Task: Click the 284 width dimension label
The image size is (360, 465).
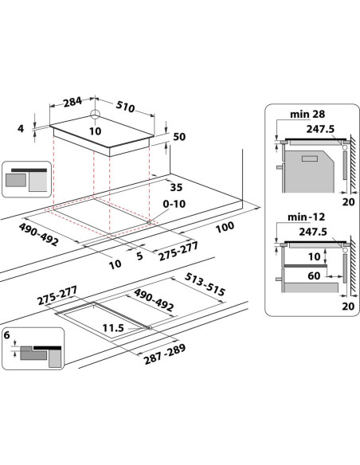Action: (72, 102)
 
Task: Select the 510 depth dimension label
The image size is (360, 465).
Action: (125, 107)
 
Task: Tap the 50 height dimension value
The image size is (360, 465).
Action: (179, 137)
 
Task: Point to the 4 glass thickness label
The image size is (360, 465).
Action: (21, 129)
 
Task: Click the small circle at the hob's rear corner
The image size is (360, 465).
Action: (96, 113)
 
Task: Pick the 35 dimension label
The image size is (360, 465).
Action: (176, 187)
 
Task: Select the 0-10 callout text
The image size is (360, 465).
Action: (174, 204)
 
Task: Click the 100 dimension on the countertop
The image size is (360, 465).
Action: (225, 227)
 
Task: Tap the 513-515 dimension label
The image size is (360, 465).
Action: (205, 285)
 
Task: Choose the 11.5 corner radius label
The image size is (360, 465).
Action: (113, 328)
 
